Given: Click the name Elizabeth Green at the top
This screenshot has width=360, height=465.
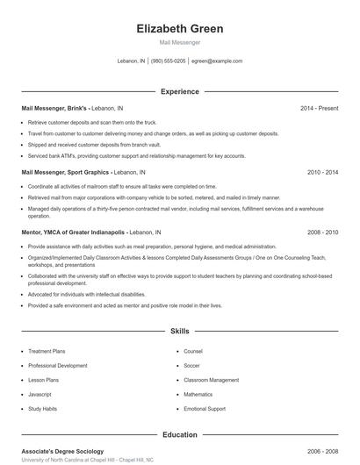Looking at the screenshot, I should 180,28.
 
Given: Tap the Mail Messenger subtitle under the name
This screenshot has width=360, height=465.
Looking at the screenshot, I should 180,42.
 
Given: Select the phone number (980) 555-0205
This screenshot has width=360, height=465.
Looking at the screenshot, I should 168,61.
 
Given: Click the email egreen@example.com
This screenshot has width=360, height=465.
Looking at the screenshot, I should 216,61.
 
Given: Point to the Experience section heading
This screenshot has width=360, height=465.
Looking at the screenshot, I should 180,91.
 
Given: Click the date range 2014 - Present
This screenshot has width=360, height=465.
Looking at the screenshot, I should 319,108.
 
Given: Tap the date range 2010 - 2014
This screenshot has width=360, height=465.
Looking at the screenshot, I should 322,173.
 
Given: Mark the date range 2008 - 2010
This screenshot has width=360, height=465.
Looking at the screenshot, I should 322,232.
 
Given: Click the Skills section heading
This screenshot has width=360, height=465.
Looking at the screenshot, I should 180,332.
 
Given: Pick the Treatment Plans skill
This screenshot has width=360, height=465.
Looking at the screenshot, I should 49,351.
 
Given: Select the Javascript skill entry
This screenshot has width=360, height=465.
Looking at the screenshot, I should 43,394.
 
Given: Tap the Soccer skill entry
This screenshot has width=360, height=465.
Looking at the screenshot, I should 192,365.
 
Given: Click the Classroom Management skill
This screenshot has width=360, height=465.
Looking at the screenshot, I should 211,380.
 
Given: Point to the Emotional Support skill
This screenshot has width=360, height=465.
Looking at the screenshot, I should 205,409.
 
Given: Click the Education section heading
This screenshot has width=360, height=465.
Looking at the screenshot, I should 180,433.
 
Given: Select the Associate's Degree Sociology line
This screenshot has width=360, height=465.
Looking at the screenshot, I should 62,451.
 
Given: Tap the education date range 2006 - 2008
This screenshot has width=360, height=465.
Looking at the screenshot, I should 322,451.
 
